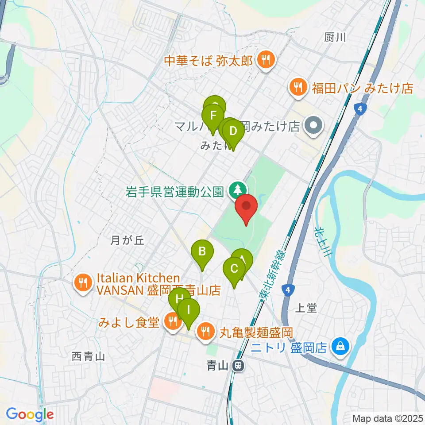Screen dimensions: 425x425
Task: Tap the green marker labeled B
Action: pos(202,253)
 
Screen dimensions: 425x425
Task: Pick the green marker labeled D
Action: pos(233,132)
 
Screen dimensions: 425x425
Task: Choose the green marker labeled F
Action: pos(213,116)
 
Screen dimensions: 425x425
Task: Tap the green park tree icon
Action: pos(238,191)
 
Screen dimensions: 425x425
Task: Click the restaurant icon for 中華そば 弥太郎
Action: pos(266,60)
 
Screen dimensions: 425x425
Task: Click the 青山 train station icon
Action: pos(239,366)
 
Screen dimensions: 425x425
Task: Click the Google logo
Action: pos(29,414)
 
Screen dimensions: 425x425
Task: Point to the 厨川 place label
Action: pos(335,38)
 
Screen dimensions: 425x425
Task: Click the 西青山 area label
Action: pos(88,356)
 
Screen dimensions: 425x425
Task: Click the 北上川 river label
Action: pos(323,242)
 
